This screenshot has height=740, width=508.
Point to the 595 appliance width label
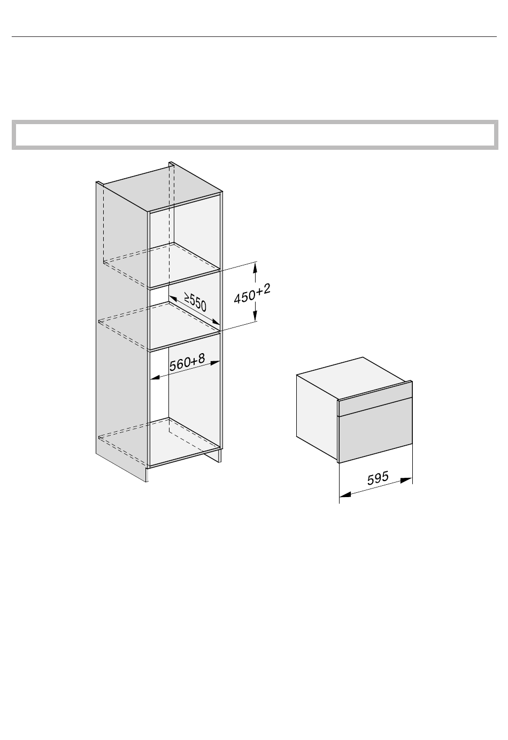coord(378,478)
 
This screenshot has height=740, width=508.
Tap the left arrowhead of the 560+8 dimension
coord(155,378)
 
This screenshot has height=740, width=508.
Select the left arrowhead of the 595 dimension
coord(344,495)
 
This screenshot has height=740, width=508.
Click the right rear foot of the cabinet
coord(219,456)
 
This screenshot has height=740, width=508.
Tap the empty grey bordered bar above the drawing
coord(254,134)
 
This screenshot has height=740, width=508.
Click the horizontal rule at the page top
coord(254,37)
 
